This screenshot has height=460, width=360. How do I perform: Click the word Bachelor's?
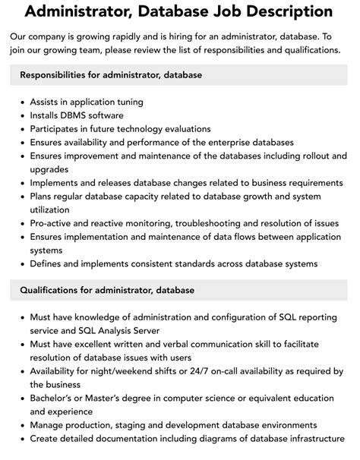[x=58, y=398]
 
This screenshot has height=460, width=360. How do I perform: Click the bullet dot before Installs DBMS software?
[x=20, y=115]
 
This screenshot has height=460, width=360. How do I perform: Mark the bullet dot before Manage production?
[x=20, y=425]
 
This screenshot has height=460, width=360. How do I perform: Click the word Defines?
[x=49, y=263]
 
